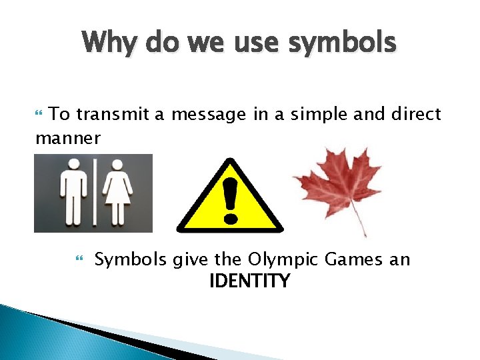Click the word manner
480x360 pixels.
[68, 138]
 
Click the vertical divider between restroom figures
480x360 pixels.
[95, 192]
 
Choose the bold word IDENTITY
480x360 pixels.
[249, 281]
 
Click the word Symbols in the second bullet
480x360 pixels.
[131, 259]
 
